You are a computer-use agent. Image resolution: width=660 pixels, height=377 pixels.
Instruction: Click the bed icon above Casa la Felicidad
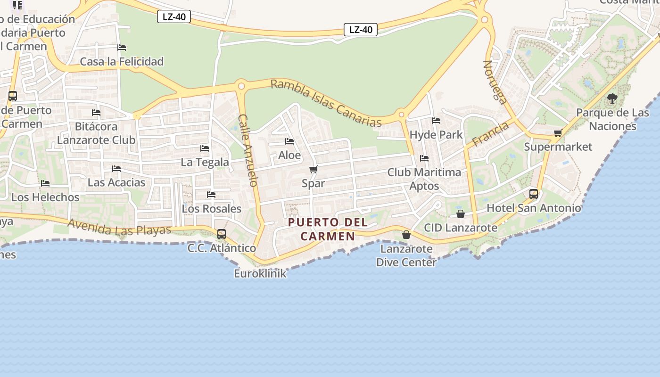point(122,48)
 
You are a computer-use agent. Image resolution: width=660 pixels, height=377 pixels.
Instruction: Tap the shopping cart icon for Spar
point(313,170)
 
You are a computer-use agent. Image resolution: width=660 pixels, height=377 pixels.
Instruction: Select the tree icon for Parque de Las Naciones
point(612,98)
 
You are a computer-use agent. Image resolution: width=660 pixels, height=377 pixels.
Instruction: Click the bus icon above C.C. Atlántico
point(221,234)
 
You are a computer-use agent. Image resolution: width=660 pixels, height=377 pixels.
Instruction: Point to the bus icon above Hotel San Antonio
point(534,194)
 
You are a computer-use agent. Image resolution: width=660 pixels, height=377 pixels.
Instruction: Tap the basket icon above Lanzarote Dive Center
point(406,235)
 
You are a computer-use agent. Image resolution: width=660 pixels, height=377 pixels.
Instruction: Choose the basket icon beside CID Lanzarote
point(461,214)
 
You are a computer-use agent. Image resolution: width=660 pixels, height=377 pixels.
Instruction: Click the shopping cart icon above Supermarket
point(558,133)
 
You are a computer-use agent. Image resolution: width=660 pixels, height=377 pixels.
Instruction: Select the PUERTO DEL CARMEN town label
point(328,229)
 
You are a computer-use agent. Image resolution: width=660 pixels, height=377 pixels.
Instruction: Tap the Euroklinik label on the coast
point(260,273)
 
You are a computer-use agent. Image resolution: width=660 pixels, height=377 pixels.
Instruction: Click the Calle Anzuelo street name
point(248,150)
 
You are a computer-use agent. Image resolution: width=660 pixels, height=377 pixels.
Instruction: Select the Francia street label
point(490,134)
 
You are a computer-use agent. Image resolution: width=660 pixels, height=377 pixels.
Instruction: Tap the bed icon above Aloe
point(289,141)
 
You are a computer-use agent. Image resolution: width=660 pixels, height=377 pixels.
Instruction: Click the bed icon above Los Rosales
point(211,195)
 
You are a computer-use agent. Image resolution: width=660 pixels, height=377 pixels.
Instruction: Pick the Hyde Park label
point(436,135)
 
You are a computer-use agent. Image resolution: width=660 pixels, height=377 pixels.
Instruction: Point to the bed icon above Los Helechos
point(45,183)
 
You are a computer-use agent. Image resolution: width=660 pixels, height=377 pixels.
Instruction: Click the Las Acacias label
point(116,182)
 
